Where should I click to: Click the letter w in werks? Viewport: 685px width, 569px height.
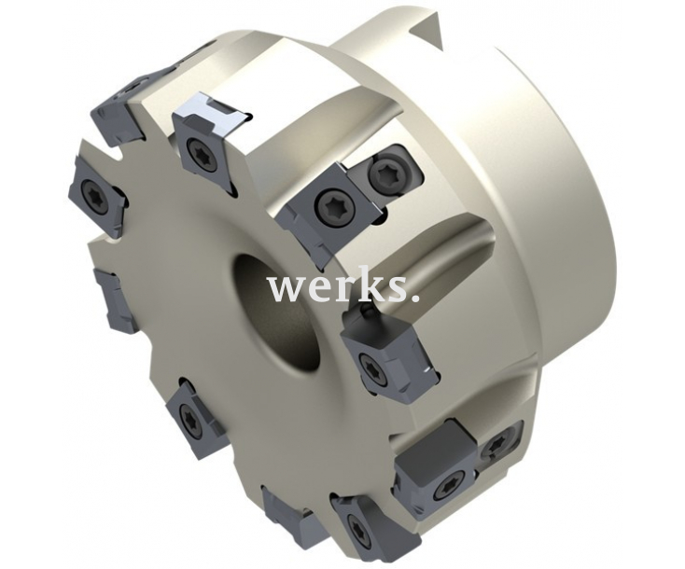[x=284, y=288]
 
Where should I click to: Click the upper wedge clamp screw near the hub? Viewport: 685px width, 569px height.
[x=387, y=173]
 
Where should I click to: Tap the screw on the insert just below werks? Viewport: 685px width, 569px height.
[x=374, y=369]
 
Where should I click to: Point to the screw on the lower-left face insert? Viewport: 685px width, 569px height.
[x=192, y=420]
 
